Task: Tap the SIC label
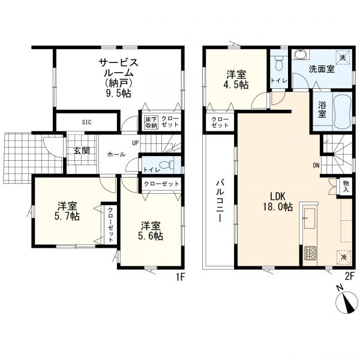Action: [87, 122]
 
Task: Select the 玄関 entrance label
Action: [82, 151]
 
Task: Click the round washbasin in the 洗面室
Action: [301, 55]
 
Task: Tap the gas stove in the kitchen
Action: [310, 253]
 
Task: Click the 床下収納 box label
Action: [151, 122]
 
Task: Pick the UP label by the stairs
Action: [135, 143]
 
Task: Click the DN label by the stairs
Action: [316, 166]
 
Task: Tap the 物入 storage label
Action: [346, 187]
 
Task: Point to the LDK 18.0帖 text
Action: [278, 202]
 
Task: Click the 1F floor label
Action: [181, 277]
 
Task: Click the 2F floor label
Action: [350, 275]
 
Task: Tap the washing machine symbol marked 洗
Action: [343, 58]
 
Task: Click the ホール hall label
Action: [116, 155]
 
